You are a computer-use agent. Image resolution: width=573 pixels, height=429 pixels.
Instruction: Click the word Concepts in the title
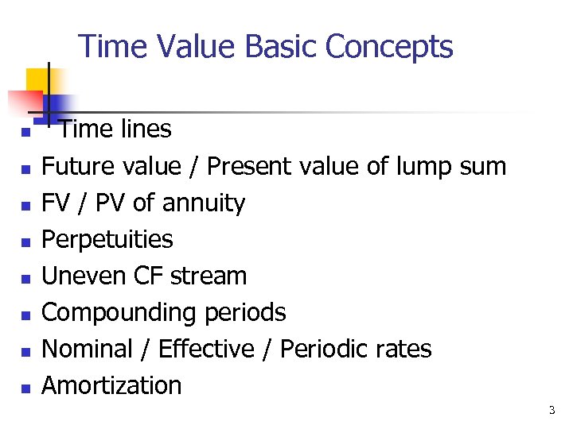[389, 47]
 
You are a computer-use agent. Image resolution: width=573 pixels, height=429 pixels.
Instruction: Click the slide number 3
[552, 411]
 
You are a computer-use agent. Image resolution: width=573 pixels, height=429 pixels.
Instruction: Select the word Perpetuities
[107, 239]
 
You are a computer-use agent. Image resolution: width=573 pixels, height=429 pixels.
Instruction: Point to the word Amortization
[111, 385]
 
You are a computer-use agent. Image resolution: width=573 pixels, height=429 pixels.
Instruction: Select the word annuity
[203, 203]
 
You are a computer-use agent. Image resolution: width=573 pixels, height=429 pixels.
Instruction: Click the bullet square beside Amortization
[25, 388]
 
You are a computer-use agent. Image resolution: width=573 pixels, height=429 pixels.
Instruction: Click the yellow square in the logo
[37, 80]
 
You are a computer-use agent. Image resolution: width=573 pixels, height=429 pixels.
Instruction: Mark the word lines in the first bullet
[142, 129]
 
